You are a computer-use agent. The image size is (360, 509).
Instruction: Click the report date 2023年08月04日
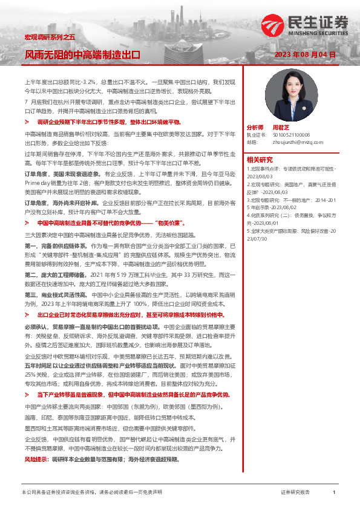click(x=304, y=54)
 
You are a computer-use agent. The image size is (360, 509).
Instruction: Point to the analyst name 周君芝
click(x=281, y=128)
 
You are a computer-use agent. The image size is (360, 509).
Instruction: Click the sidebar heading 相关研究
click(x=260, y=159)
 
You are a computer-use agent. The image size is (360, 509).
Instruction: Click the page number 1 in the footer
click(x=333, y=493)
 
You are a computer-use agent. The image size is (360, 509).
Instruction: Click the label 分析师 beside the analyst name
click(x=255, y=128)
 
